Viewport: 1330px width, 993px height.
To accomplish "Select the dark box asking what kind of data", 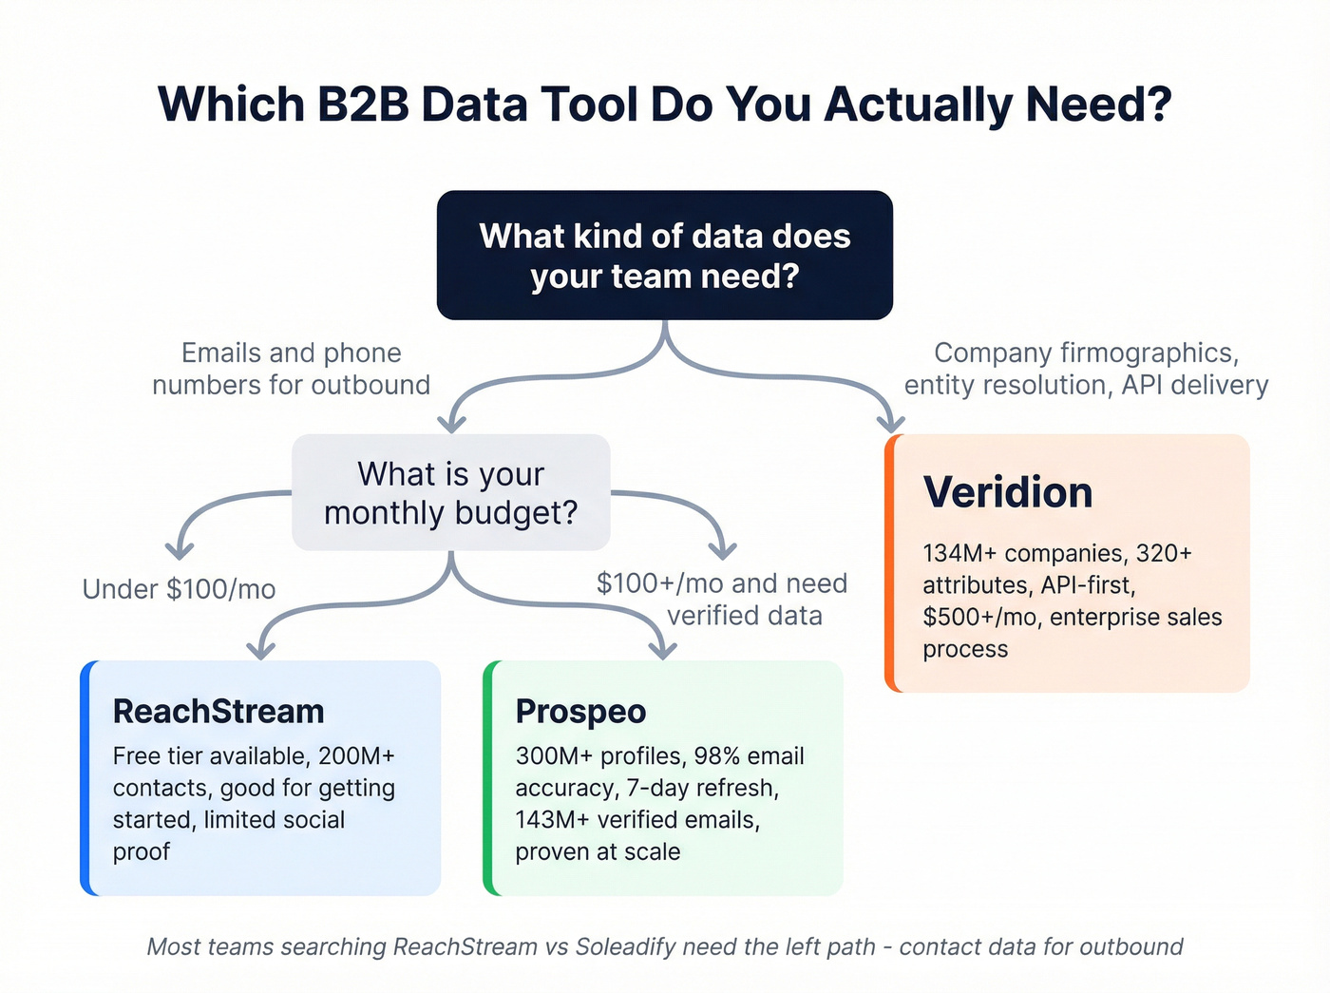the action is pos(665,255).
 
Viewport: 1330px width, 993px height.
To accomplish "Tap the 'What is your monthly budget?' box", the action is pos(451,492).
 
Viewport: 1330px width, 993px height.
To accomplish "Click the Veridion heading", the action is pos(1008,491).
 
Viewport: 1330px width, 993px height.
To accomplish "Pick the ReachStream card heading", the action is pos(218,712).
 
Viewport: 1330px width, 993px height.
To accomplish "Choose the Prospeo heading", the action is pos(580,712).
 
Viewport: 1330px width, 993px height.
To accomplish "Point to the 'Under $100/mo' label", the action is pos(180,589).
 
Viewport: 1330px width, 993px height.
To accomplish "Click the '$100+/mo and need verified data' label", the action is pos(722,600).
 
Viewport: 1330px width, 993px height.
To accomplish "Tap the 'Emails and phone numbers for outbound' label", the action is pos(292,369).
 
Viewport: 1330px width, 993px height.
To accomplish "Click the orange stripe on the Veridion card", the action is pos(890,563).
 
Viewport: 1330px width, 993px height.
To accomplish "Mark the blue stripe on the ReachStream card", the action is pos(85,778).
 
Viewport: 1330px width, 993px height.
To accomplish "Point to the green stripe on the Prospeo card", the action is pos(488,778).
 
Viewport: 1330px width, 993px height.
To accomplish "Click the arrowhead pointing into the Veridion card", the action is pos(891,424).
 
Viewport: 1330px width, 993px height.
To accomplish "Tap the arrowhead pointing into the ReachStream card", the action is pos(260,650).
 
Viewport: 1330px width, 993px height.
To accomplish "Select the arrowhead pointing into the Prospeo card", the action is pos(663,650).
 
